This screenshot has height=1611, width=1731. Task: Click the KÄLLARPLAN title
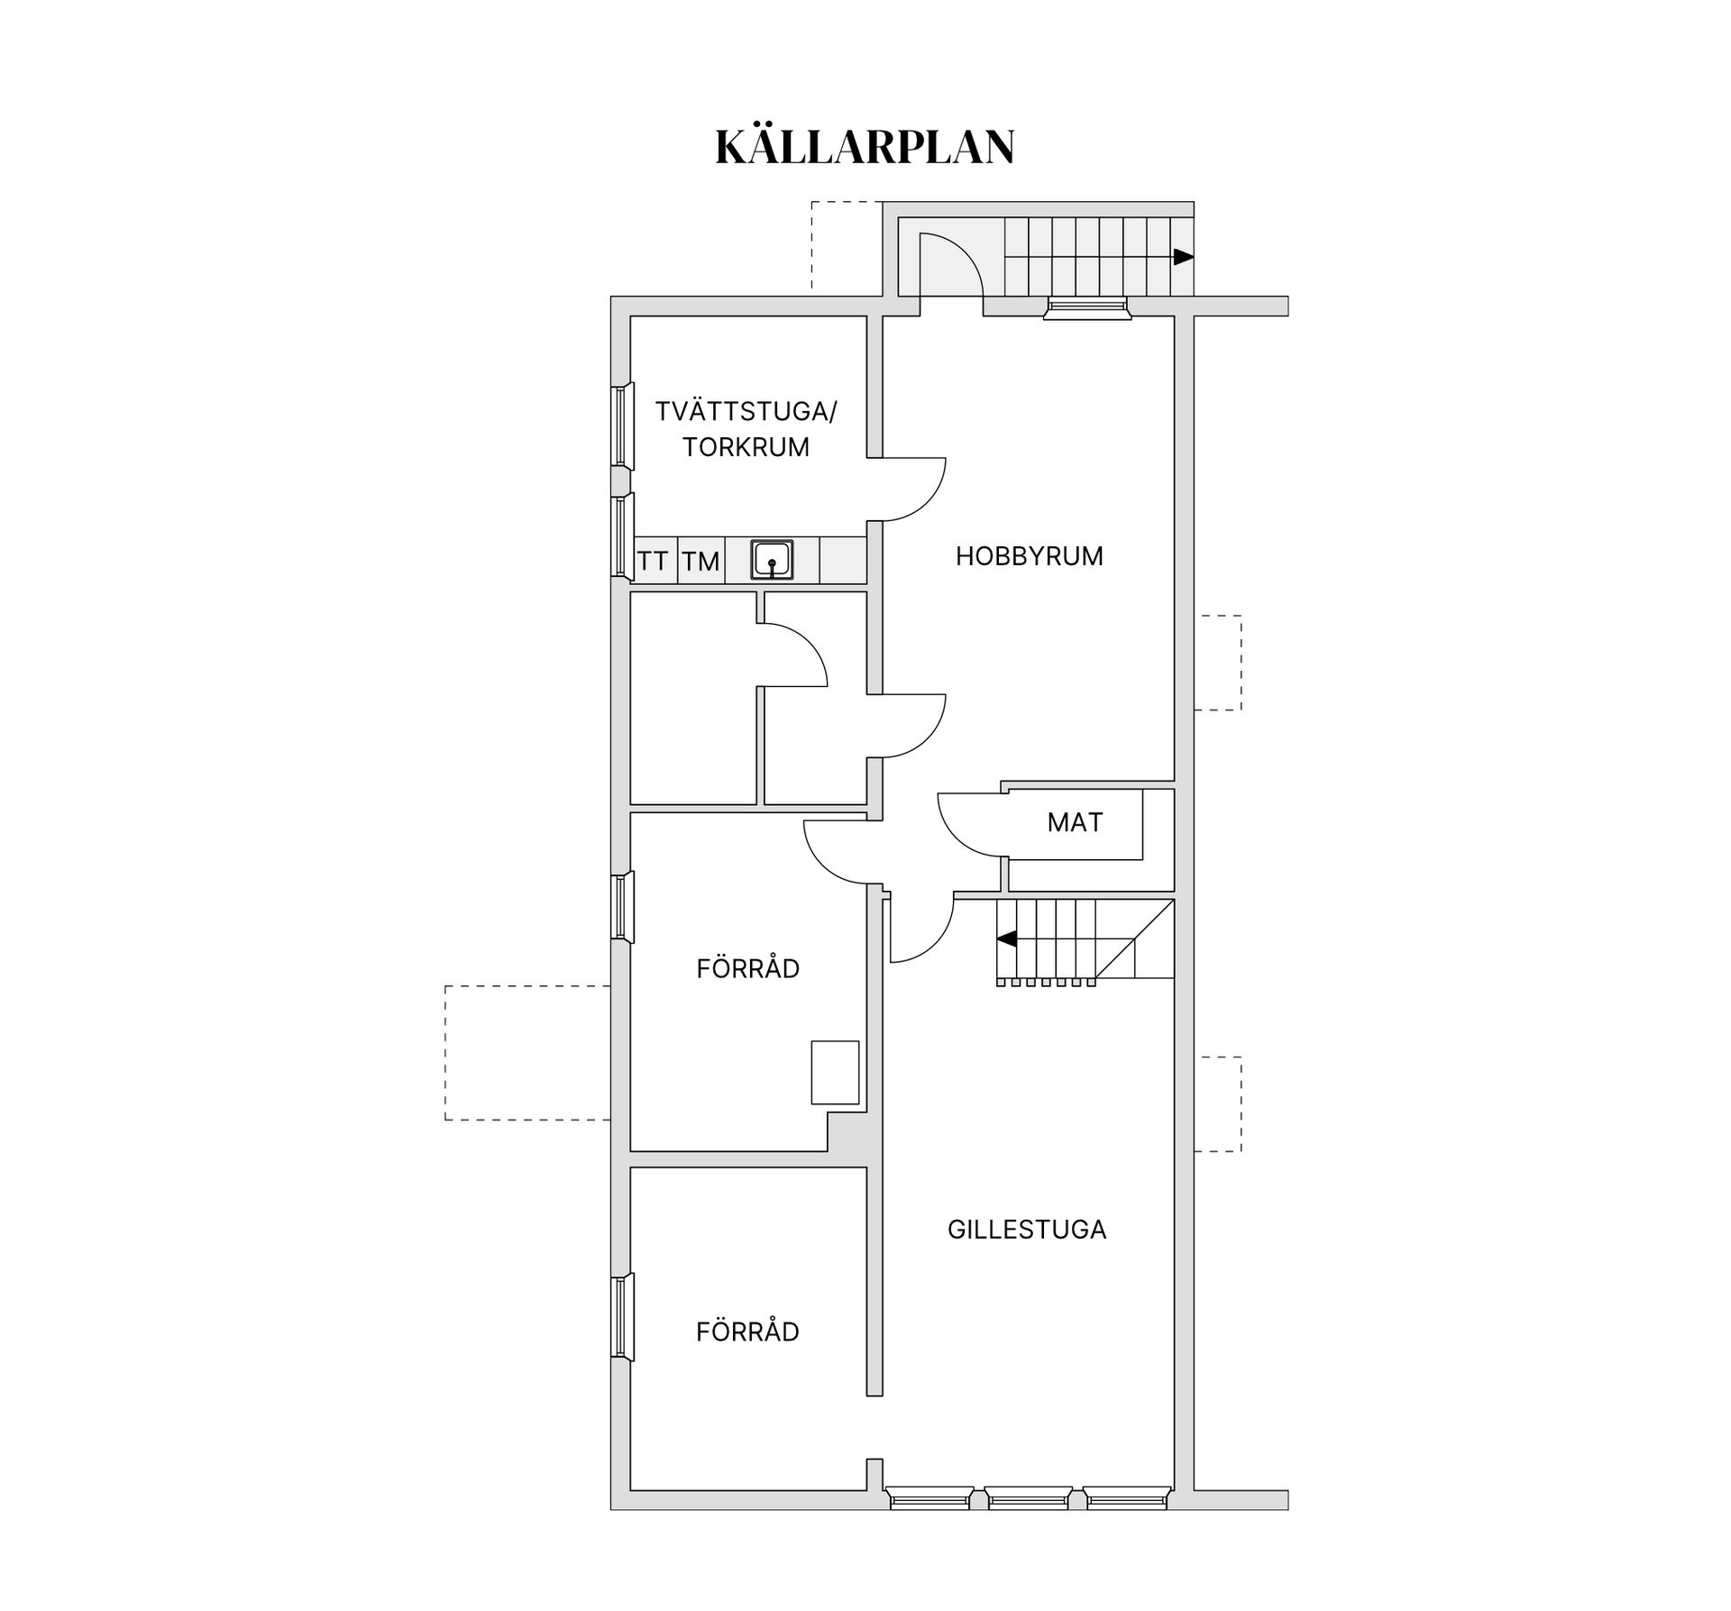(x=865, y=147)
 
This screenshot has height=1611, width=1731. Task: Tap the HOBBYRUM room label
(x=1029, y=556)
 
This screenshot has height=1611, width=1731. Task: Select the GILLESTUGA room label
(x=1026, y=1230)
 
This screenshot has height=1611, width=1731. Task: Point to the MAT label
(x=1075, y=822)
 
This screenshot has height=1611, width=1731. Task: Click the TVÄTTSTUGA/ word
(x=746, y=412)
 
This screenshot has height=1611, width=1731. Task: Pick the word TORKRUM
(x=746, y=447)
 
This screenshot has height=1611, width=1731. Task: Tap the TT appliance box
(x=653, y=561)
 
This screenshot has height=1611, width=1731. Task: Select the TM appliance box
(x=701, y=561)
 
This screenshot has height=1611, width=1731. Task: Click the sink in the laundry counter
(x=773, y=560)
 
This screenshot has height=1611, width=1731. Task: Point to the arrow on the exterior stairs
(x=1183, y=257)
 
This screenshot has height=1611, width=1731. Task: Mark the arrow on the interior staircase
(x=1007, y=938)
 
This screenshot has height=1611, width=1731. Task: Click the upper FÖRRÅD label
(x=747, y=968)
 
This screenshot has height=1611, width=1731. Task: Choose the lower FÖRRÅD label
(x=747, y=1332)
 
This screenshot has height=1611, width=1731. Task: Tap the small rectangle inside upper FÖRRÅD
(x=835, y=1072)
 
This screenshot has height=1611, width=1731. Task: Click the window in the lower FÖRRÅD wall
(x=622, y=1315)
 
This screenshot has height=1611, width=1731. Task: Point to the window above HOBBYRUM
(x=1086, y=308)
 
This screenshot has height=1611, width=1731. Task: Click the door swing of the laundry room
(x=911, y=489)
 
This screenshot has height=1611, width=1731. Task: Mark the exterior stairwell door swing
(x=948, y=265)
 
